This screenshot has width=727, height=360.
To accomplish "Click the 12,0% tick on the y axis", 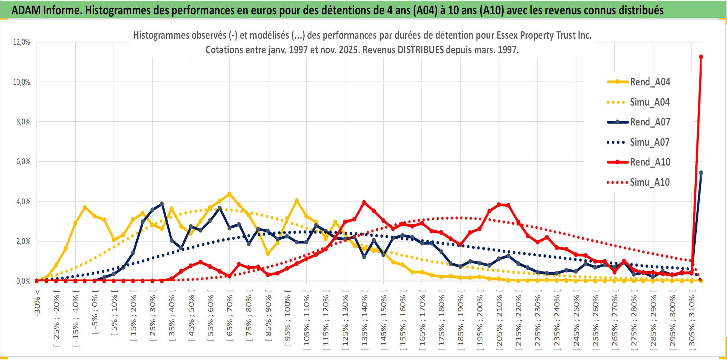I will point(22,42).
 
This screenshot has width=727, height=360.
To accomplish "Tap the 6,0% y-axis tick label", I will point(23,162).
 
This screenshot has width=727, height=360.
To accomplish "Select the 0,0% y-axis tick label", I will point(23,281).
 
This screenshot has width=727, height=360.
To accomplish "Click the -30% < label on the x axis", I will point(37,303).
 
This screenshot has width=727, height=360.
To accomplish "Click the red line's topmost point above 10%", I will point(701,57).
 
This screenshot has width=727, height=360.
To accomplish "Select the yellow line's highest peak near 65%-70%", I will point(229,194).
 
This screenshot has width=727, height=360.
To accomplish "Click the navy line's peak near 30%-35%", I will point(162,204).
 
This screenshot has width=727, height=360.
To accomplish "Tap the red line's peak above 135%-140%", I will point(364,202).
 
